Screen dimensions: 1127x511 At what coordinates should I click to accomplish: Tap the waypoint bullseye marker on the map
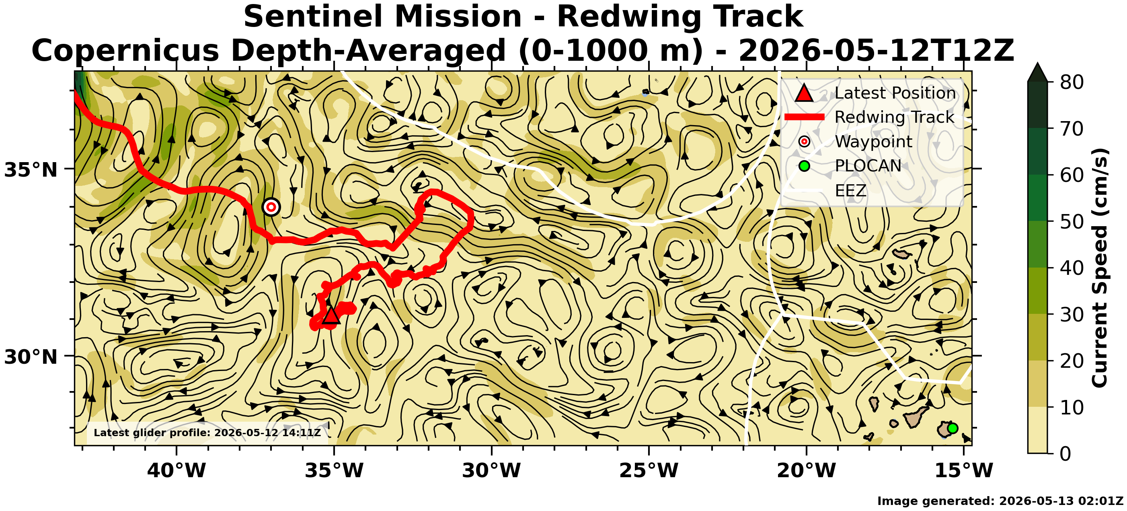coord(271,207)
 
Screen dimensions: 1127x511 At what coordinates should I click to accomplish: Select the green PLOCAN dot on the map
coord(953,428)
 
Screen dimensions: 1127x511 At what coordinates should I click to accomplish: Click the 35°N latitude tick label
coord(31,170)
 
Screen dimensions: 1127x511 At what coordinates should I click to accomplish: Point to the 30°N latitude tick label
coord(31,357)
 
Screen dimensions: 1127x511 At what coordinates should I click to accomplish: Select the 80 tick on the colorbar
coord(1072,82)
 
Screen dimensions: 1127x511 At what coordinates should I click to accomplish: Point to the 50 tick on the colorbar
coord(1072,222)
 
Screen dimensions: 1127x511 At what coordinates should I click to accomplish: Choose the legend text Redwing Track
coord(894,117)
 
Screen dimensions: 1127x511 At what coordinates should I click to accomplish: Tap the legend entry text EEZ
coord(850,191)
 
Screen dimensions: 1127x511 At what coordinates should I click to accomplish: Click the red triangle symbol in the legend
coord(804,93)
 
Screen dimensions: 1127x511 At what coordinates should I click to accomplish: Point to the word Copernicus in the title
coord(125,50)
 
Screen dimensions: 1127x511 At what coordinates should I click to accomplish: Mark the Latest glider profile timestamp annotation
coord(207,433)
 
